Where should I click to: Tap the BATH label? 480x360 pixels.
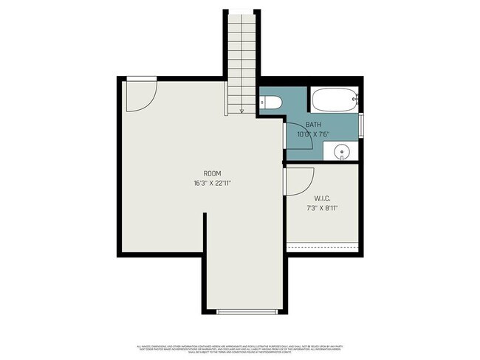tap(312, 125)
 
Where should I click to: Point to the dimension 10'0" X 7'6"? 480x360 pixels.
tap(312, 134)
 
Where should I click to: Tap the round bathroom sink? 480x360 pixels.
tap(342, 153)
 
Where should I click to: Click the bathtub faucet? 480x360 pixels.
tap(355, 100)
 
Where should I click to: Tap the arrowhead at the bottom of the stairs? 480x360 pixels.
tap(242, 111)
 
